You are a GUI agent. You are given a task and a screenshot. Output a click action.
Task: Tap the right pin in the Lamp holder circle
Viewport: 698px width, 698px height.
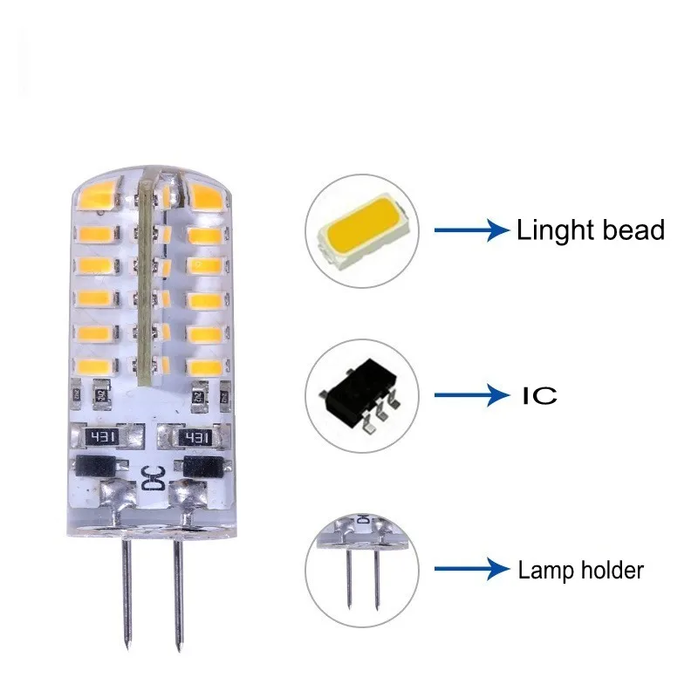378,580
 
